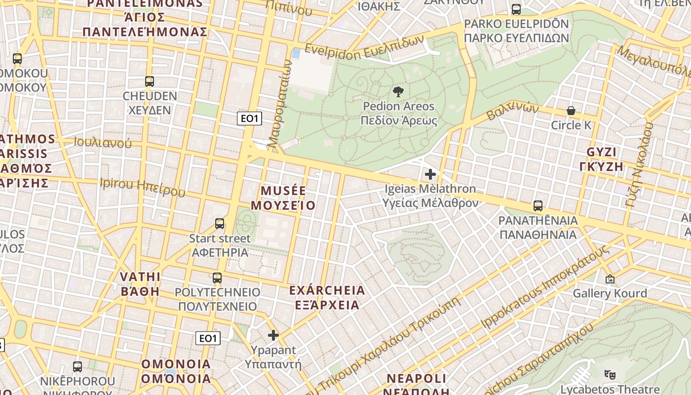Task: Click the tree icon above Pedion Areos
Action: pos(398,91)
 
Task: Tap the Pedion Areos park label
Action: pos(399,114)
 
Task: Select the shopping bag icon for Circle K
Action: pos(571,111)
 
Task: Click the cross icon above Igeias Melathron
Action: pos(430,174)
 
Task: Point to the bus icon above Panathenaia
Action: pos(538,205)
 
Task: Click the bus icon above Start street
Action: pos(220,224)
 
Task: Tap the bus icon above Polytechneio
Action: pos(217,277)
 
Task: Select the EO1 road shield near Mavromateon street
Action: pos(249,118)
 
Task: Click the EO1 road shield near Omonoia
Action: pos(208,338)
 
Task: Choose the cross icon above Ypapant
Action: pos(273,336)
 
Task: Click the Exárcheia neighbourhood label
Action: pos(327,297)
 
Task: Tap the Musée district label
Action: pos(283,198)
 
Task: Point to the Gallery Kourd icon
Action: pos(610,279)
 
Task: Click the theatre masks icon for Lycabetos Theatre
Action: pos(610,375)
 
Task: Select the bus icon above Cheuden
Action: pos(150,81)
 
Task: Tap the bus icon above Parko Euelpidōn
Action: pos(516,9)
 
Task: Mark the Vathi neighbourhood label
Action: pos(141,283)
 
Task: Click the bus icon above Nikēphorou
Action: pos(77,366)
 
